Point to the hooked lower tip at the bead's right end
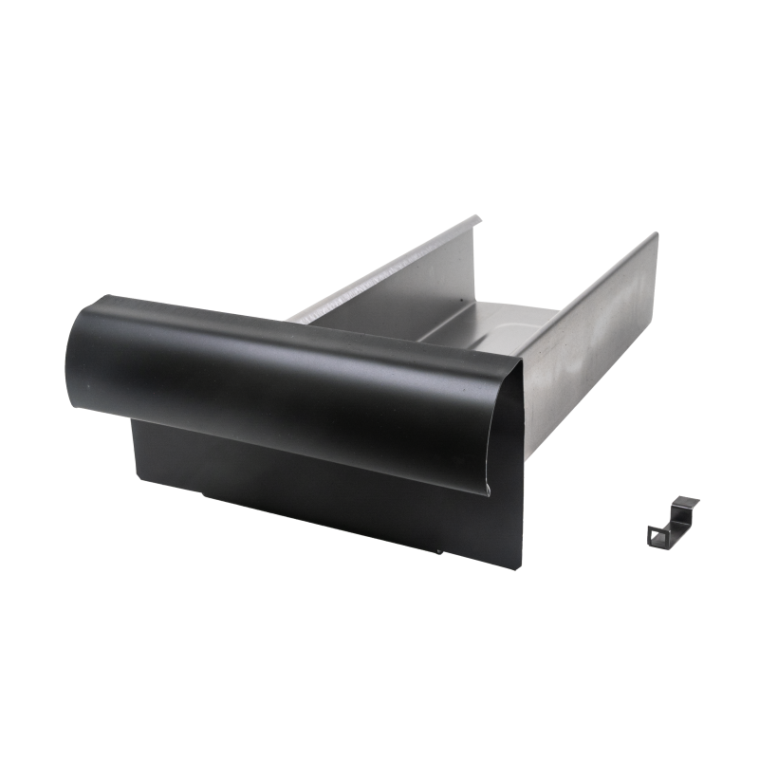pyautogui.click(x=485, y=490)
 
